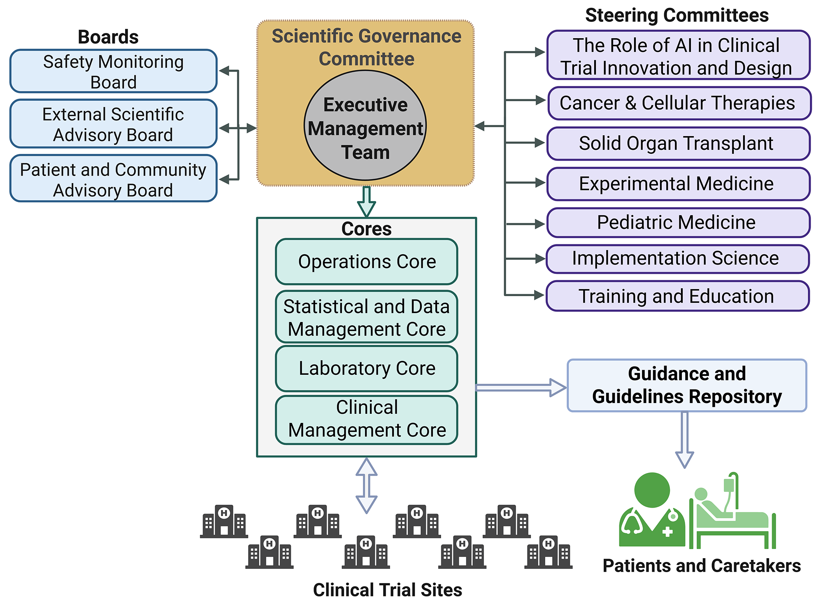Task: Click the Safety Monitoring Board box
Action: click(113, 71)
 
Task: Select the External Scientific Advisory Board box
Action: click(113, 124)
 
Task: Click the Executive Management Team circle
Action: click(365, 126)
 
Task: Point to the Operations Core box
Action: click(366, 262)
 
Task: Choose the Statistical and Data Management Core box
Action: click(366, 317)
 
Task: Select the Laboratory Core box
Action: click(366, 369)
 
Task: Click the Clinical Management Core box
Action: click(366, 420)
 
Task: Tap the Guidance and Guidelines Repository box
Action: click(687, 385)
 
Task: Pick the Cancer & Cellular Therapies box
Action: click(679, 103)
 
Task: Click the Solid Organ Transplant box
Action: click(678, 144)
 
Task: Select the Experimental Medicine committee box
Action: click(678, 184)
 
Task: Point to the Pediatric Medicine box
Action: click(678, 223)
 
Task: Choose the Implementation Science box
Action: click(677, 259)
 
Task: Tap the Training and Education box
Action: click(677, 296)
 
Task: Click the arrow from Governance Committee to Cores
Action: click(366, 202)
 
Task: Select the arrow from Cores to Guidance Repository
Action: click(521, 387)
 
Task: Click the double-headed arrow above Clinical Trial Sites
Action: click(366, 486)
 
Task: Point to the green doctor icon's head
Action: click(652, 489)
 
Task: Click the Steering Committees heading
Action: click(677, 16)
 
